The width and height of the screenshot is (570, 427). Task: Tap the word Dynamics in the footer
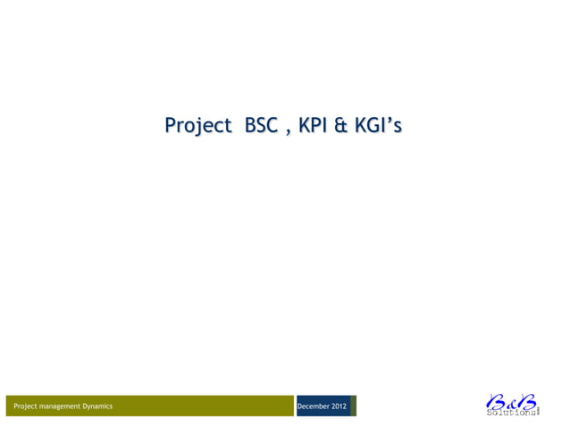point(97,406)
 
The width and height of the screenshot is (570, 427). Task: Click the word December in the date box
point(314,406)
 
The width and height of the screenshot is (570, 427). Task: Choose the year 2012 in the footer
point(339,406)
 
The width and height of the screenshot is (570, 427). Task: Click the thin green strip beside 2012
point(354,406)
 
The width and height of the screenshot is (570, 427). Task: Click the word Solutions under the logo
point(511,413)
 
